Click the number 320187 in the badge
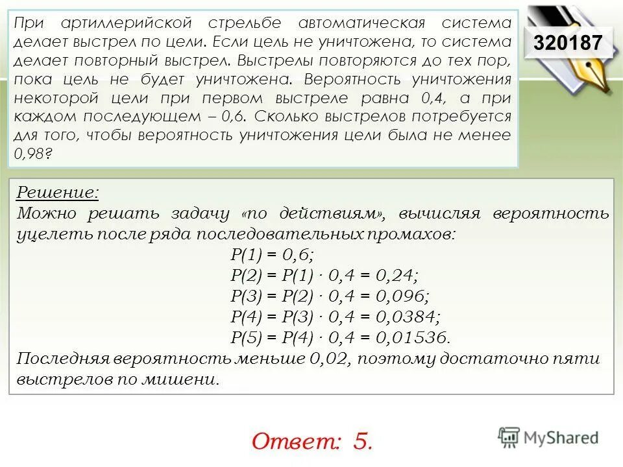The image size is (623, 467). pos(567,43)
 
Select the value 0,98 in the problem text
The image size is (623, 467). pos(30,154)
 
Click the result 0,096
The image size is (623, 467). pos(402,296)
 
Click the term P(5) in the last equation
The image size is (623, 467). pos(246,337)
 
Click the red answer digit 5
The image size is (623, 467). pos(362,442)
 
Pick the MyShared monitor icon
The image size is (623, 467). pos(509,436)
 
